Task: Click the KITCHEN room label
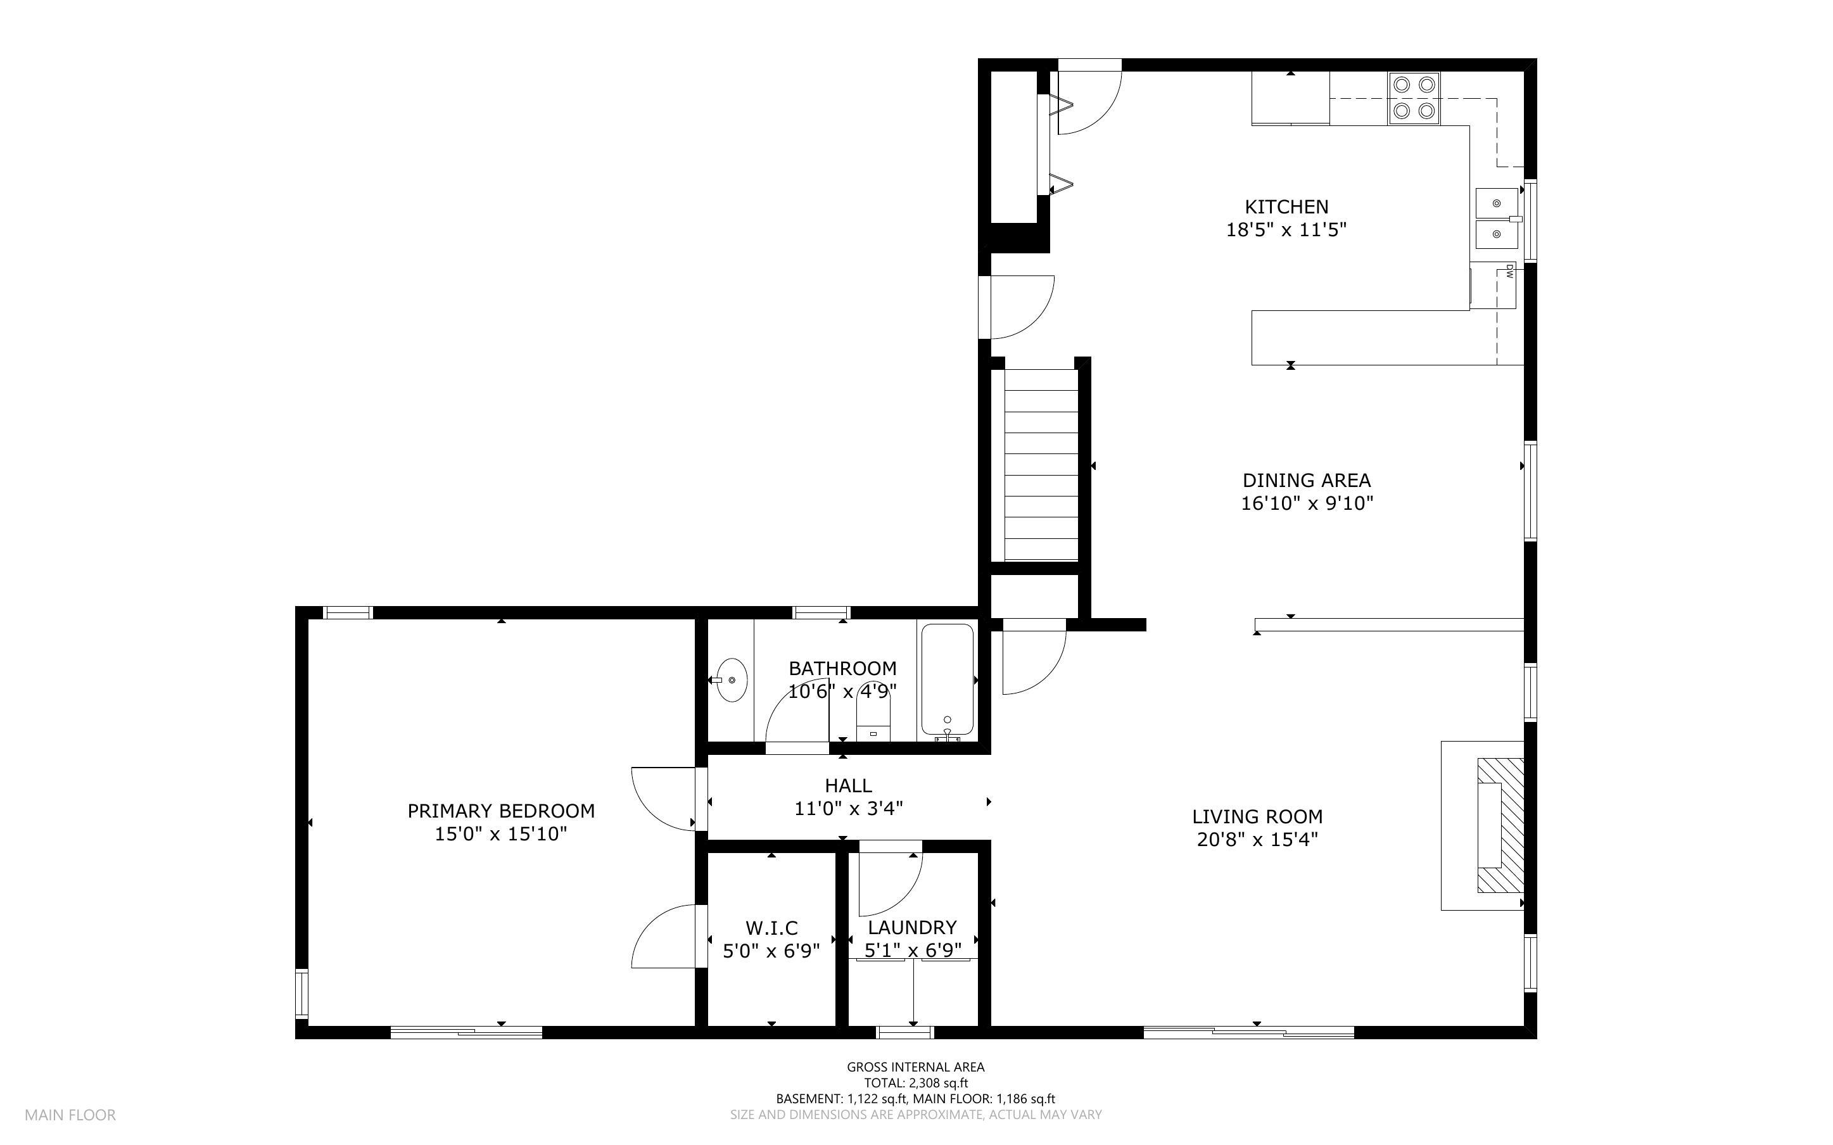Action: coord(1286,206)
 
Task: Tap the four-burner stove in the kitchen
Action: coord(1414,98)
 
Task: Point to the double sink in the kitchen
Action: coord(1497,219)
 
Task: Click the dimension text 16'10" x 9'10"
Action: coord(1306,503)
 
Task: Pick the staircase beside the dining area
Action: coord(1040,465)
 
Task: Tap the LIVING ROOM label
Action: coord(1257,817)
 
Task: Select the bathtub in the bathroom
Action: coord(946,680)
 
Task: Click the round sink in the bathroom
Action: coord(732,680)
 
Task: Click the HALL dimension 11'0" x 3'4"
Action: coord(848,809)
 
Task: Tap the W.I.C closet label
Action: coord(771,928)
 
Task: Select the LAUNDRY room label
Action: coord(911,928)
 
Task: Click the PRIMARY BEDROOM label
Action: coord(500,811)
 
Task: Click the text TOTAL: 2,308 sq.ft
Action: coord(915,1083)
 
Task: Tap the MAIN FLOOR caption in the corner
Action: coord(70,1115)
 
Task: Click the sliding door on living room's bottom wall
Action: coord(1248,1032)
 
